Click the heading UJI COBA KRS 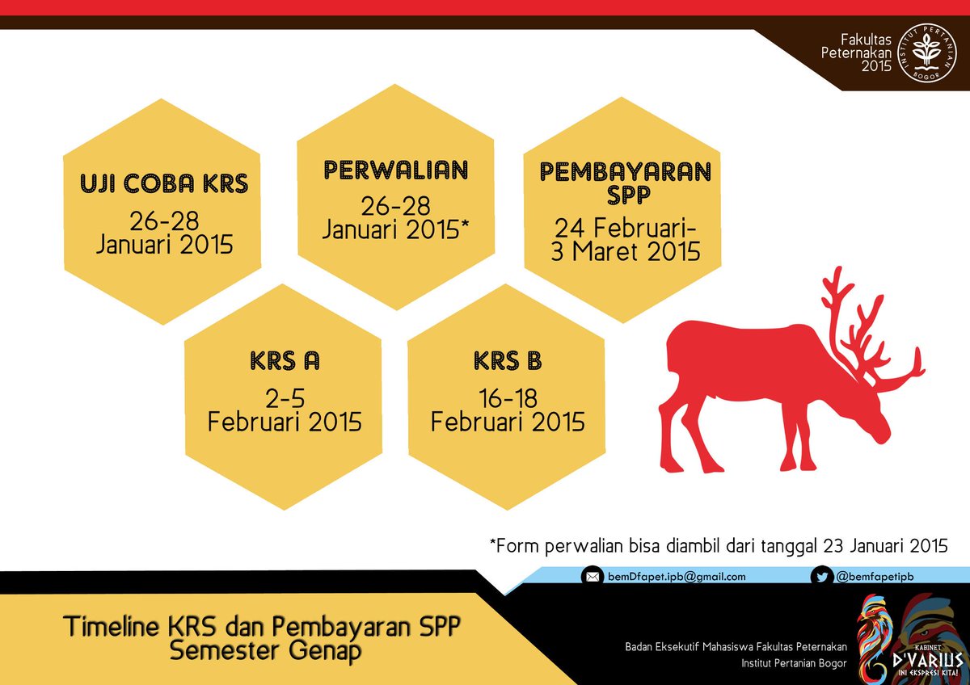click(x=164, y=184)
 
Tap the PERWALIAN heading click(x=396, y=170)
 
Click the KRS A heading click(x=284, y=362)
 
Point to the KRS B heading click(x=508, y=362)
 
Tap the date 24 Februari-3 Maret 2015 click(x=626, y=239)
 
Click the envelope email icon click(x=593, y=577)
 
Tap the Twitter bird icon click(x=822, y=577)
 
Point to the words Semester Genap click(x=265, y=650)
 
